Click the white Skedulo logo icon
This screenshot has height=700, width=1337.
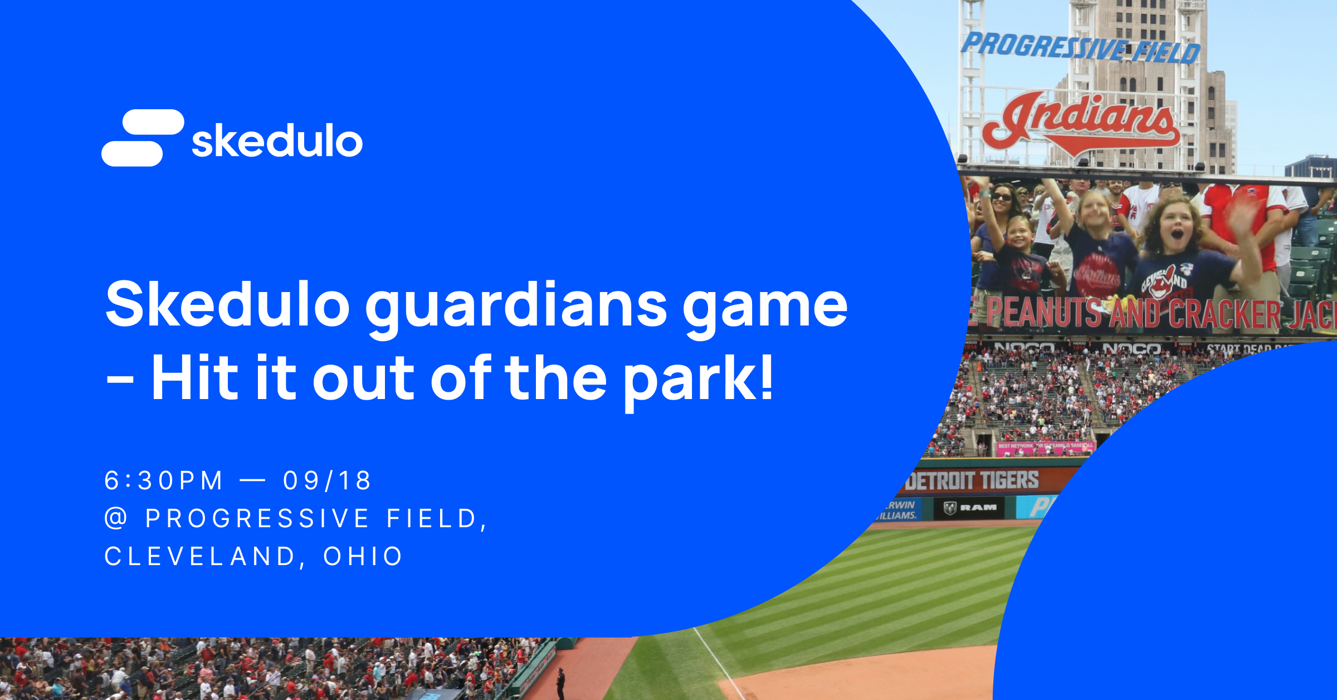click(143, 138)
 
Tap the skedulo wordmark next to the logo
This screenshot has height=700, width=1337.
click(277, 140)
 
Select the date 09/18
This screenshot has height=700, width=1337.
click(327, 480)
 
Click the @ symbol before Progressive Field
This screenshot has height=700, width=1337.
click(116, 518)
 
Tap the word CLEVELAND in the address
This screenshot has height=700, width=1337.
click(200, 556)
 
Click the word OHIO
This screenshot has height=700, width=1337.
click(363, 556)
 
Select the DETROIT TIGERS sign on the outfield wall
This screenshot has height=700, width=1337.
click(972, 480)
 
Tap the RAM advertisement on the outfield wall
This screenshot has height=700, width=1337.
click(970, 508)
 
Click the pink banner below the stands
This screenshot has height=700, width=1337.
click(1045, 446)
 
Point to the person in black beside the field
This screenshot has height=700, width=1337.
click(560, 683)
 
